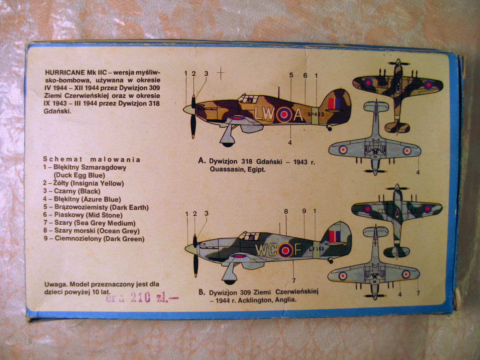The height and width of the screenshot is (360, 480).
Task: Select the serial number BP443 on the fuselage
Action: point(316,114)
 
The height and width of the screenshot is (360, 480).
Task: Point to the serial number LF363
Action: point(316,249)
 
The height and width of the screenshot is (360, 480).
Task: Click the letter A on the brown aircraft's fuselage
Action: point(298,115)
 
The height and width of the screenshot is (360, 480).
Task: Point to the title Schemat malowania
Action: point(92,159)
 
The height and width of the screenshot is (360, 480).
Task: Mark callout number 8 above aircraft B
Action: point(286,211)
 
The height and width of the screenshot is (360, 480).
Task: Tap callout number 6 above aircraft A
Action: point(305,75)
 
